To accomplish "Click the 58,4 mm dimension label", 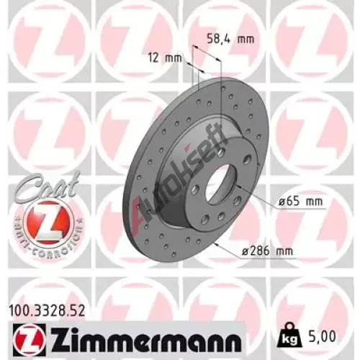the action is pyautogui.click(x=230, y=39).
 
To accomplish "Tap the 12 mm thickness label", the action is pyautogui.click(x=166, y=58).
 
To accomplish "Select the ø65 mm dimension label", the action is pyautogui.click(x=300, y=202).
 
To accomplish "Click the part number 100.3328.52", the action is pyautogui.click(x=47, y=310).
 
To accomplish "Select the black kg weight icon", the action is pyautogui.click(x=289, y=335).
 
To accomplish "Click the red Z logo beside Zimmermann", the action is pyautogui.click(x=30, y=337).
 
